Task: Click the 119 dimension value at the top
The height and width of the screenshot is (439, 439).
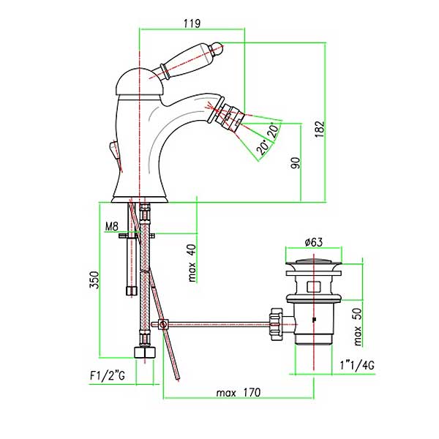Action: point(192,23)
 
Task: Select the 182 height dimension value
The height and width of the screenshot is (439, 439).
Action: point(320,129)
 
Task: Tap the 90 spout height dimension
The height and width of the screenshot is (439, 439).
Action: point(296,163)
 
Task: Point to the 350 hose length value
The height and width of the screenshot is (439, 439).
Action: point(94,279)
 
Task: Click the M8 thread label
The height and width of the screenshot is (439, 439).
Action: point(112,226)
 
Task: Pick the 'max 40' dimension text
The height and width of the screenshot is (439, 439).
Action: point(192,263)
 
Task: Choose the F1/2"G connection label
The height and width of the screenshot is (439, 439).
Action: point(108,376)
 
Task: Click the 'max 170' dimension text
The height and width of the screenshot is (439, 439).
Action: point(239,392)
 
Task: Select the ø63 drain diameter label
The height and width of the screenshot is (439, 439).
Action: point(314,242)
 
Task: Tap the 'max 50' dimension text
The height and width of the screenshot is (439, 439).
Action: point(358,327)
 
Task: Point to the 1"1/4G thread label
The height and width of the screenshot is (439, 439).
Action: point(357,365)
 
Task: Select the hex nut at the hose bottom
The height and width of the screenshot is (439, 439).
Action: point(144,352)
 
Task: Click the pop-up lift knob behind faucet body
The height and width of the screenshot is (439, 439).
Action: point(115,149)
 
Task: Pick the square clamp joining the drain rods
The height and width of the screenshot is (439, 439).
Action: point(162,324)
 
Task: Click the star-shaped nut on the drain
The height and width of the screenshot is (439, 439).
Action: point(276,323)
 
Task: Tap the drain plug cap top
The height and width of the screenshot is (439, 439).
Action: point(314,263)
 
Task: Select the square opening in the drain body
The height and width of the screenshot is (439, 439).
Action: point(314,286)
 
